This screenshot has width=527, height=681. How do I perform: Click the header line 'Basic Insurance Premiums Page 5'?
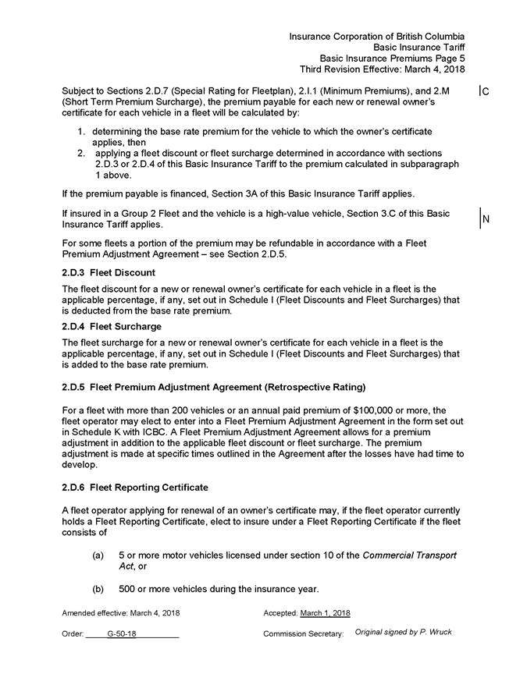[x=392, y=58]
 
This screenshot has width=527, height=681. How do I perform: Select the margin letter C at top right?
[x=486, y=92]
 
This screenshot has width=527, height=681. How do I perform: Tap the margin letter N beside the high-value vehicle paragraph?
[x=486, y=219]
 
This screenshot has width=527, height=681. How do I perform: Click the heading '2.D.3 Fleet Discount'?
[x=109, y=272]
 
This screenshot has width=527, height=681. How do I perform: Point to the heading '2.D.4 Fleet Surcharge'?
[x=112, y=326]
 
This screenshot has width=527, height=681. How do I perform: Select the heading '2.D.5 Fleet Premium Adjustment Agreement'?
[x=213, y=387]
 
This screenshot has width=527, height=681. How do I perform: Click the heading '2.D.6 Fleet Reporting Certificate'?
[x=135, y=488]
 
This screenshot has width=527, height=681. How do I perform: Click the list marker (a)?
[x=98, y=555]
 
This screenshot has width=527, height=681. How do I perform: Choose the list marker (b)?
[x=98, y=588]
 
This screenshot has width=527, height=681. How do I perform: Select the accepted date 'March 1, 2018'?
[x=325, y=613]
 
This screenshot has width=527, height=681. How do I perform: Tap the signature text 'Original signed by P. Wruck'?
[x=403, y=632]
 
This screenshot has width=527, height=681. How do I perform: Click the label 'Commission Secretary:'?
[x=303, y=634]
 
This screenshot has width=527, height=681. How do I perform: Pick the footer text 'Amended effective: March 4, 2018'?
[x=121, y=613]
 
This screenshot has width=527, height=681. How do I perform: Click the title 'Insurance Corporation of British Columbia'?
[x=377, y=36]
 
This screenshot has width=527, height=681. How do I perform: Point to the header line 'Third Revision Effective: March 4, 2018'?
[x=383, y=69]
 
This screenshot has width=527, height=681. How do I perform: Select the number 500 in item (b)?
[x=127, y=588]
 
